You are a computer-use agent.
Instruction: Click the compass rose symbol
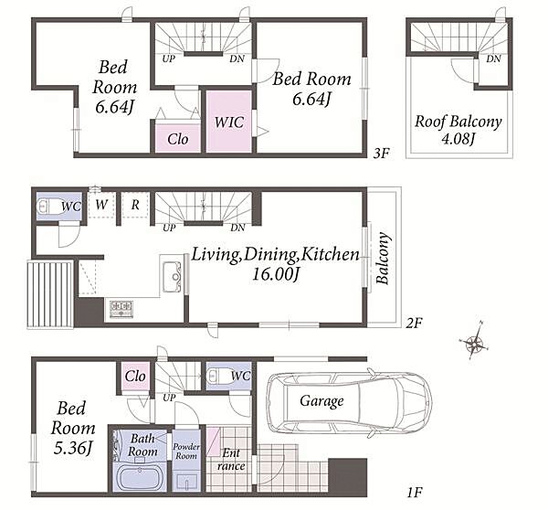click(474, 341)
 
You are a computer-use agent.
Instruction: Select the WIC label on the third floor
click(229, 122)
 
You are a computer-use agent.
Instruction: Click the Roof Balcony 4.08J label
click(458, 130)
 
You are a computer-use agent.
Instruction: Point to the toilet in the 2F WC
click(49, 206)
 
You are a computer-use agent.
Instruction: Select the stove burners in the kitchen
click(121, 309)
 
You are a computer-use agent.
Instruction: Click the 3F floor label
click(381, 154)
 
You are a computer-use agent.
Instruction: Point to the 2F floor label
click(414, 324)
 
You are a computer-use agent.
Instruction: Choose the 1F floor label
click(415, 493)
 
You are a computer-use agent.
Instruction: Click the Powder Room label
click(186, 452)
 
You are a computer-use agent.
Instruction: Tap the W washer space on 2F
click(101, 206)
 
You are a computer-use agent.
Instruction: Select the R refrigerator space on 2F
click(135, 206)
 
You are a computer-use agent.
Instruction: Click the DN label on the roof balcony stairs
click(493, 58)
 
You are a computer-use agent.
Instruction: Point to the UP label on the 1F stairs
click(169, 398)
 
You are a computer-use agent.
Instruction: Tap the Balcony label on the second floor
click(383, 258)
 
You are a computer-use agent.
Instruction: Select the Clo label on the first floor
click(135, 377)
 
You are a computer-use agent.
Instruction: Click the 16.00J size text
click(276, 274)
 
